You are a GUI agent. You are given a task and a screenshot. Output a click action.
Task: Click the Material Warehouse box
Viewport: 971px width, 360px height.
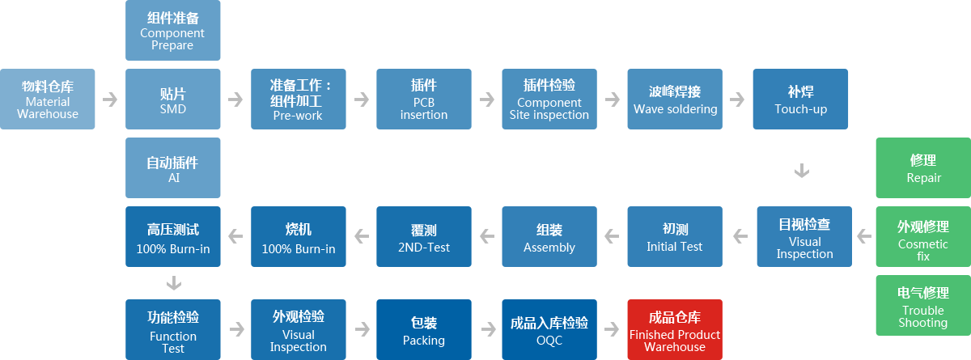click(x=47, y=99)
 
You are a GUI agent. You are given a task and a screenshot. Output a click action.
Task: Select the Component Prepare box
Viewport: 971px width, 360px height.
click(x=173, y=30)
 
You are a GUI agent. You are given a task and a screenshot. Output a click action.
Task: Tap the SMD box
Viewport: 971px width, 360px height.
click(x=173, y=99)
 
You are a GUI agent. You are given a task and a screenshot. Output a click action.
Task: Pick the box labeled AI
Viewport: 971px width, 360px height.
click(x=173, y=167)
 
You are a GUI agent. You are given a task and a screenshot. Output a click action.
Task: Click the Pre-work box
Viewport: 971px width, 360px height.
click(x=299, y=99)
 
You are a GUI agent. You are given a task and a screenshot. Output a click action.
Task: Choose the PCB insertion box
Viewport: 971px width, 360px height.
click(x=424, y=99)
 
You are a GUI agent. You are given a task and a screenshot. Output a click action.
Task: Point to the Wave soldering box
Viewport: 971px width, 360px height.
click(x=675, y=99)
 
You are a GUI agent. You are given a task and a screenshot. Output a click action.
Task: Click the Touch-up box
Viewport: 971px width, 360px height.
click(x=800, y=99)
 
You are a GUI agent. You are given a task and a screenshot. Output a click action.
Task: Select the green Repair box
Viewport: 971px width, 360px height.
click(x=923, y=167)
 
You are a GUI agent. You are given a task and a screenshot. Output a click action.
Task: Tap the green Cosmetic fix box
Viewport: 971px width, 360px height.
click(x=923, y=236)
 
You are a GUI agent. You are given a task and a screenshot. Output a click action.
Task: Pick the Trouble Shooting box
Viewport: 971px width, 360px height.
click(x=923, y=306)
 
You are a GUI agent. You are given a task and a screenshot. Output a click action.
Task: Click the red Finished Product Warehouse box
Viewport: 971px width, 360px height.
click(x=675, y=330)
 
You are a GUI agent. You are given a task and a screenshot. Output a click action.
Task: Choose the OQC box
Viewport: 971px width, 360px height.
click(x=549, y=330)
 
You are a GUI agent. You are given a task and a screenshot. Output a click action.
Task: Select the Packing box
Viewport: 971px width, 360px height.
click(x=424, y=330)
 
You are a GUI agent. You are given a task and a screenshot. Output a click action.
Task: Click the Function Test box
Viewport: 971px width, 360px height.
click(x=173, y=330)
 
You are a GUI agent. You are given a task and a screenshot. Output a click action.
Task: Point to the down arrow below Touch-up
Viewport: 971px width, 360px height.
click(x=802, y=170)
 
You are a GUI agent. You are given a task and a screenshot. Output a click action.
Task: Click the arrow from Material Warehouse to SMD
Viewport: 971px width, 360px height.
click(x=110, y=100)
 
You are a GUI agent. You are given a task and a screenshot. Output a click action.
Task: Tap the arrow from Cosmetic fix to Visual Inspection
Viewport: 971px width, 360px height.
click(x=864, y=236)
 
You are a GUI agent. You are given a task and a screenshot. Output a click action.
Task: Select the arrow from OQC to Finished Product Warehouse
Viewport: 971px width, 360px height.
click(x=612, y=329)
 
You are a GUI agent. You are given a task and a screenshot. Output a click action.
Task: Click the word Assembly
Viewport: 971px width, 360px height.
click(x=549, y=248)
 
